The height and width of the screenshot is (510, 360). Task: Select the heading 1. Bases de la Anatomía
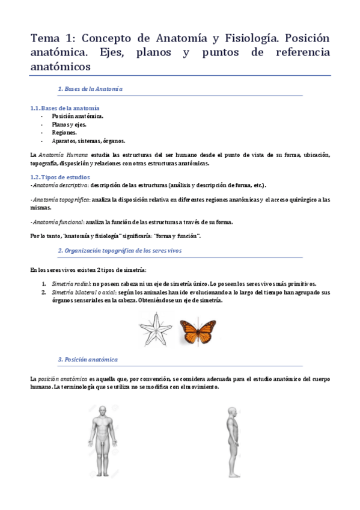90,89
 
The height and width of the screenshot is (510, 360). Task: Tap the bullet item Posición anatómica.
78,116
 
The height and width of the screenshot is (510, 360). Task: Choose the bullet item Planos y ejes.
69,124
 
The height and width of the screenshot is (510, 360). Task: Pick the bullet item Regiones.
64,132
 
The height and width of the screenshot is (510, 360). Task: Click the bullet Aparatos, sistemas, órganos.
88,141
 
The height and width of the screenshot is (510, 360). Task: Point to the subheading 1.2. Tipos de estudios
59,177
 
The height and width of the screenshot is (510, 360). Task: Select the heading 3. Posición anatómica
88,360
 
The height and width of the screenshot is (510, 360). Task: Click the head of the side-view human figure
233,412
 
